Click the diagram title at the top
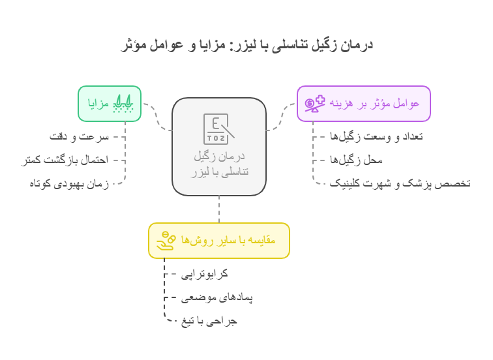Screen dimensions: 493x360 (246, 44)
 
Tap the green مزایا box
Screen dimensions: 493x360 (110, 104)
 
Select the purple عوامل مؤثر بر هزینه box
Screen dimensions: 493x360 (364, 104)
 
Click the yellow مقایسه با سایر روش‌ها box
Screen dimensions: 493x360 (219, 241)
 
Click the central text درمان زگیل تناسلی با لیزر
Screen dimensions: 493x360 (219, 164)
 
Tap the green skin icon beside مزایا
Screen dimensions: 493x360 (123, 104)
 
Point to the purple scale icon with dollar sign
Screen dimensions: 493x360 (315, 104)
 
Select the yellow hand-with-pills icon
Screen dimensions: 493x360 (166, 241)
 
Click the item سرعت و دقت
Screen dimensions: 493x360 (79, 137)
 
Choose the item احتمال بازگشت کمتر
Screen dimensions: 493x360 (65, 160)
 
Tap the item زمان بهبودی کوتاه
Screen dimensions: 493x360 (69, 183)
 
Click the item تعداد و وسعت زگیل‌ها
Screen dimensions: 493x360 (376, 137)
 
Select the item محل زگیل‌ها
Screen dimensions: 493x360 (356, 160)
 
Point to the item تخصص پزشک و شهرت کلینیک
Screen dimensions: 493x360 (400, 183)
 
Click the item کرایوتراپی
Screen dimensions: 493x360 (204, 274)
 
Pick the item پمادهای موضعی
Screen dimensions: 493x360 (217, 297)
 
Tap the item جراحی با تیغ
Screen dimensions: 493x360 (209, 321)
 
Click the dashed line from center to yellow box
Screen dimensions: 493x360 (219, 209)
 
